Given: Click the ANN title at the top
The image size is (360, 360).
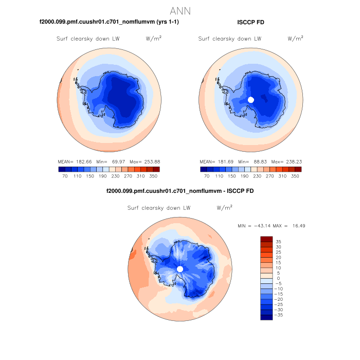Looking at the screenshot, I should click(180, 11).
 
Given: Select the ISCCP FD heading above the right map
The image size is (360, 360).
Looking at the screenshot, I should click(251, 22).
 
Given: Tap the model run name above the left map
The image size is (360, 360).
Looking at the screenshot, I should click(109, 22).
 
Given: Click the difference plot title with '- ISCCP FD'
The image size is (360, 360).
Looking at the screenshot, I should click(179, 191).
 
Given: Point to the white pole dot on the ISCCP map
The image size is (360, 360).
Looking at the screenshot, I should click(250, 99).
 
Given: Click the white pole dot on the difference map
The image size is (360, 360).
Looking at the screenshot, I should click(180, 269).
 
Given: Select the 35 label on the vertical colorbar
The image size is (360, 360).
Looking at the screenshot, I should click(278, 241).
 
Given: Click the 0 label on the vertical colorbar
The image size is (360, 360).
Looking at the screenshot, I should click(277, 278).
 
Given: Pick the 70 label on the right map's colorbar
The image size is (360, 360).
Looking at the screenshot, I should click(207, 176).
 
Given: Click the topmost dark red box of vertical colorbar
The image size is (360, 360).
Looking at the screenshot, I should click(266, 239).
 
